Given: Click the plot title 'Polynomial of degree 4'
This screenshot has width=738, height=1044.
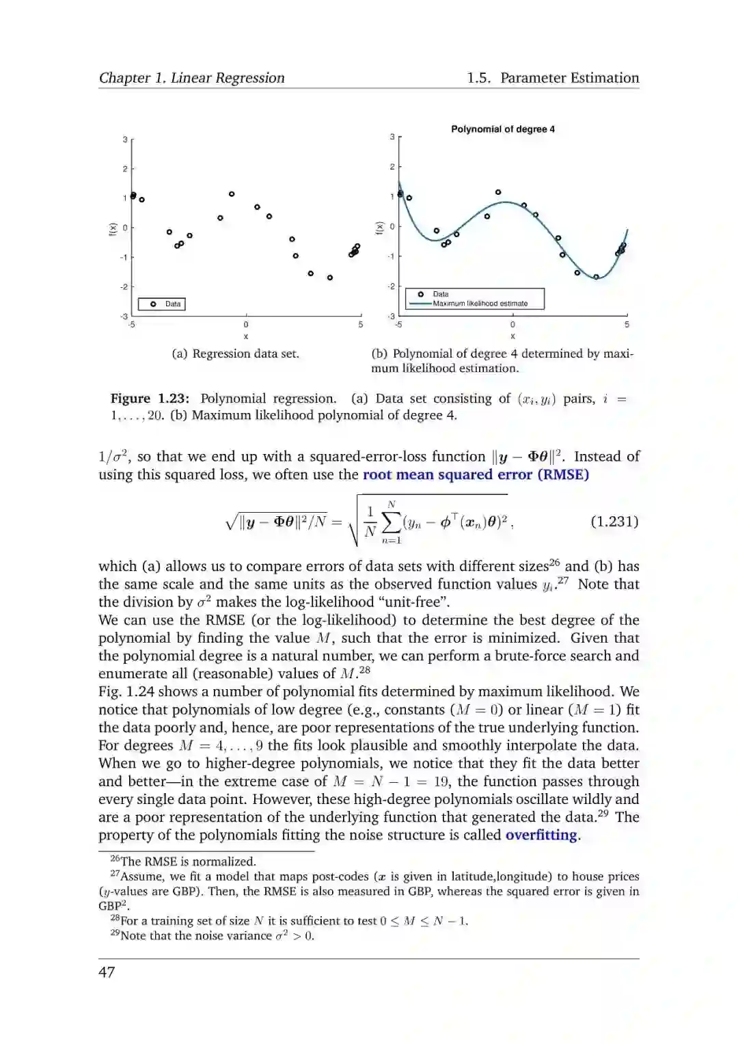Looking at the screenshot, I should [x=502, y=129].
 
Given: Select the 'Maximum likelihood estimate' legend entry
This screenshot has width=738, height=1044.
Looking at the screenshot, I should [x=480, y=304].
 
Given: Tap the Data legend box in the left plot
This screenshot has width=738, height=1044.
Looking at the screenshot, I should [x=162, y=304].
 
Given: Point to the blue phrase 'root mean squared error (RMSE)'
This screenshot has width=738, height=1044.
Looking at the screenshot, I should [x=476, y=474].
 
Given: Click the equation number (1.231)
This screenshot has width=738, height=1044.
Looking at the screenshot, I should [x=614, y=522].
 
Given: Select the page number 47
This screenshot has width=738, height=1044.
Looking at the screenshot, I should [x=107, y=972].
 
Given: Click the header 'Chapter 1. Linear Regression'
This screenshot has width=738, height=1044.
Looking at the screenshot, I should [x=192, y=78].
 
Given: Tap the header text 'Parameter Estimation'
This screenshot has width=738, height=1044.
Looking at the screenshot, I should [x=569, y=78].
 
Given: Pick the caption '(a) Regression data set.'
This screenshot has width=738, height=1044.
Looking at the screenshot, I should [x=235, y=353].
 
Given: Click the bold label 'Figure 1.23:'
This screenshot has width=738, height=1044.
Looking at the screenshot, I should [x=150, y=399].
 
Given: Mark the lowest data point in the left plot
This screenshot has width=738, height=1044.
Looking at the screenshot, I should [x=330, y=278].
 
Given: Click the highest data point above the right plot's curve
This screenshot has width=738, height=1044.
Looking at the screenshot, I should [x=498, y=192].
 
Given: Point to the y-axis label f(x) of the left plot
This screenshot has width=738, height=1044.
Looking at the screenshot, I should [x=113, y=230].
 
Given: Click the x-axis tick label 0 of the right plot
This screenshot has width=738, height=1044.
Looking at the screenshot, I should [x=512, y=325].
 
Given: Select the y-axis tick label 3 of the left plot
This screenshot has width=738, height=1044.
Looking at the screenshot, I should [x=125, y=139].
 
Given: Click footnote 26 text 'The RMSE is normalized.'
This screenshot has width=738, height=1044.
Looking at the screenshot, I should [x=188, y=861].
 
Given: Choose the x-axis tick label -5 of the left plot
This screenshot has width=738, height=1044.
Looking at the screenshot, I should [x=131, y=325].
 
